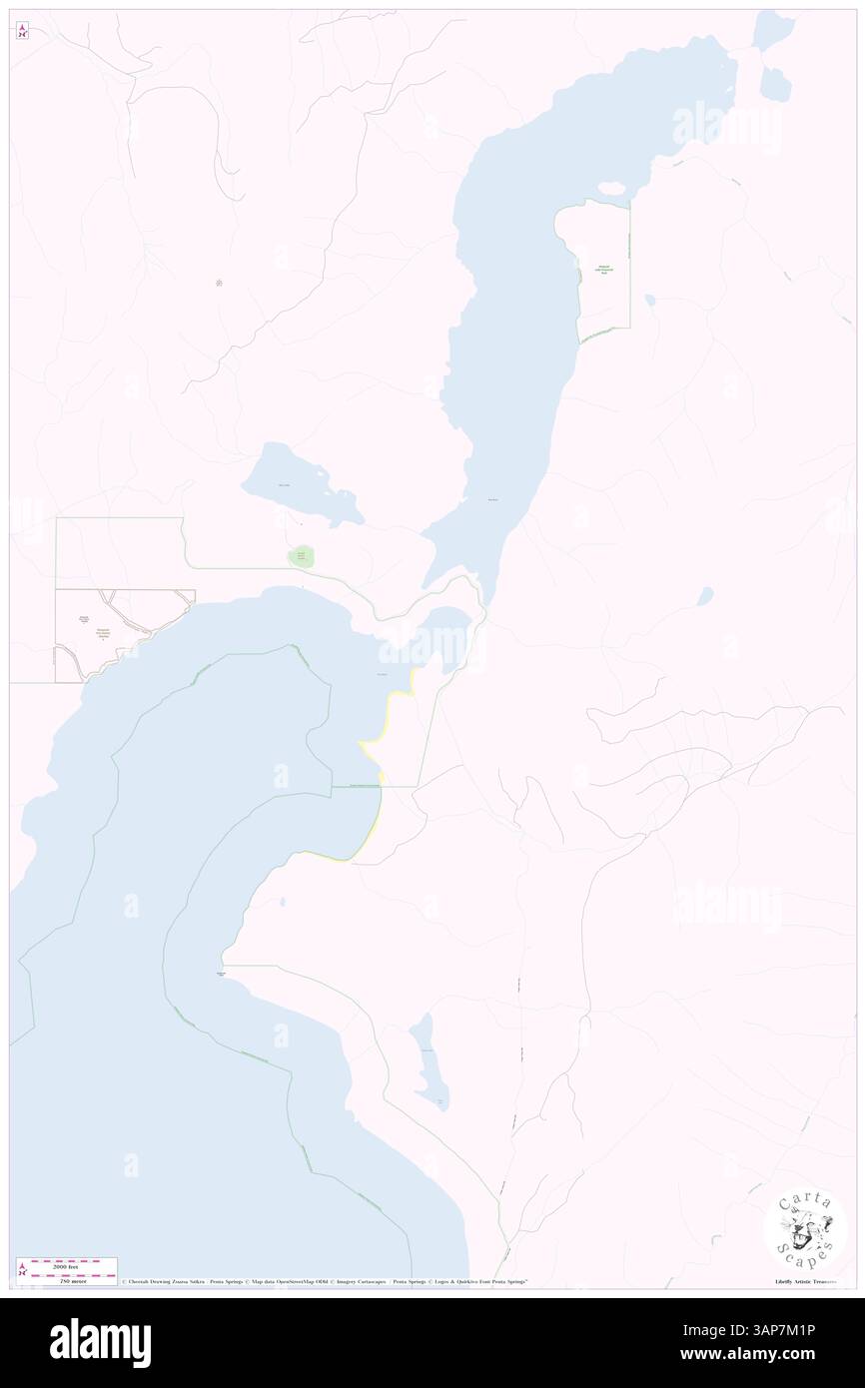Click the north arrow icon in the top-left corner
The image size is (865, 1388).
click(23, 30)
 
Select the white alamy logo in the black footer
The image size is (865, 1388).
click(100, 1342)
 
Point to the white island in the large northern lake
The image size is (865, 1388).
click(610, 188)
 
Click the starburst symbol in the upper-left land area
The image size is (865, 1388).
click(219, 283)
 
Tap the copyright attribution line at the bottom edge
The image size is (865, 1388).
click(325, 1281)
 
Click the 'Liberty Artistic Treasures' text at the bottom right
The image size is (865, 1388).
click(805, 1281)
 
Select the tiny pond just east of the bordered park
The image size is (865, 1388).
click(649, 300)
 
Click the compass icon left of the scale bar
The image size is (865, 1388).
click(21, 1269)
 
